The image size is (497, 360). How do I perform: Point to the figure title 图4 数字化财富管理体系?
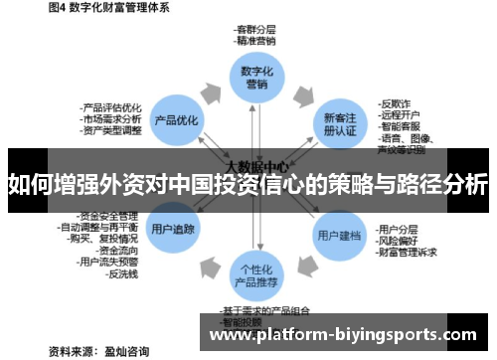108,8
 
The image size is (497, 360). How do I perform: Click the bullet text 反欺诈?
395,102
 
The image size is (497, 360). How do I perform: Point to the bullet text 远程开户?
399,114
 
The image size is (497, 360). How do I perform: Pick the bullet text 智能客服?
399,126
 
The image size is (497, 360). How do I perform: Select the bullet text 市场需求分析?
111,118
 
